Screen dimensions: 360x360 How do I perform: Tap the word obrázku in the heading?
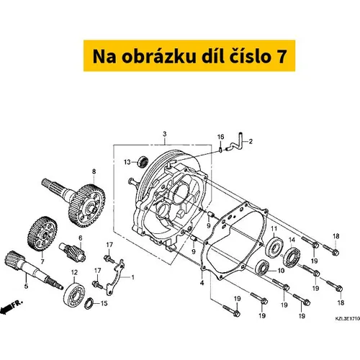coord(158,56)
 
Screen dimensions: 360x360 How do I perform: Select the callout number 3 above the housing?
coord(165,134)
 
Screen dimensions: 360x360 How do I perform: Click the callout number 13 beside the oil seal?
coord(127,162)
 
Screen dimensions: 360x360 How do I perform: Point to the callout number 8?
coord(94,171)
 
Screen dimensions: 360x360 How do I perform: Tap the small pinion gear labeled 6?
coord(73,252)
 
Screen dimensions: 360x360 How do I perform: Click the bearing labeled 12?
coord(74,297)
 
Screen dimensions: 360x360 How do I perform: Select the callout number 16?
coord(220,137)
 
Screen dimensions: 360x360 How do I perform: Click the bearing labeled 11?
coord(274,247)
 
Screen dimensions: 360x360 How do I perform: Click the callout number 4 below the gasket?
coord(202,283)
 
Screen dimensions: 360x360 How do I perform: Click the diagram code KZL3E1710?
coord(347,319)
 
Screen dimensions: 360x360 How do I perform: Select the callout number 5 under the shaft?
coord(26,286)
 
